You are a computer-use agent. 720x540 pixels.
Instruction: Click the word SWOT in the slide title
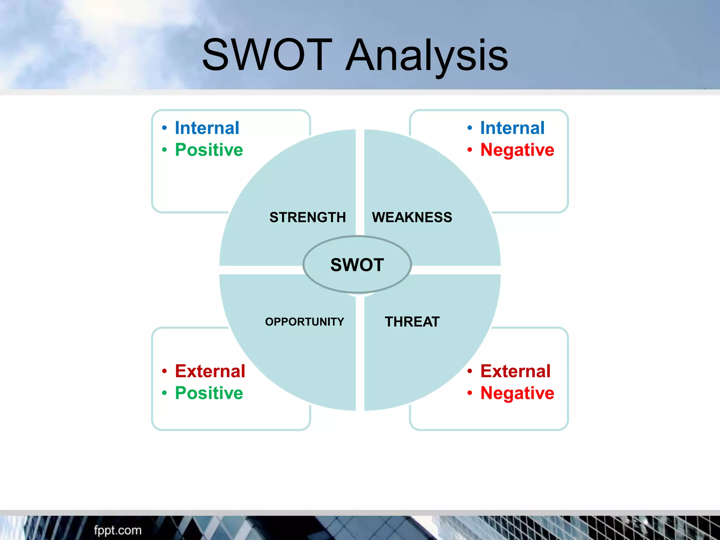[x=267, y=55]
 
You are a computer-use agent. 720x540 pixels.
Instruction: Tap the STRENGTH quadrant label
[x=308, y=217]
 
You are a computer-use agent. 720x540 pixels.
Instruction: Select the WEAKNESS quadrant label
[x=412, y=217]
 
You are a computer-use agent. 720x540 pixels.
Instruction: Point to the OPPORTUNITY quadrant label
[x=304, y=322]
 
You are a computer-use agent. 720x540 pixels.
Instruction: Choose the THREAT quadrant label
[x=412, y=322]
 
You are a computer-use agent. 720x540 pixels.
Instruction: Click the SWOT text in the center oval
[x=357, y=265]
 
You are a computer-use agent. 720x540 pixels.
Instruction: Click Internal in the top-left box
[x=207, y=128]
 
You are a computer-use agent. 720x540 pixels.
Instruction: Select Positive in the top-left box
[x=209, y=150]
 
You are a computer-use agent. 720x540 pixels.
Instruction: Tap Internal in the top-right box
[x=512, y=128]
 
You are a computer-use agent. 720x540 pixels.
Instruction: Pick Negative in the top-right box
[x=517, y=150]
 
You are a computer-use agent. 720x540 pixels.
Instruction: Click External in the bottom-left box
[x=210, y=371]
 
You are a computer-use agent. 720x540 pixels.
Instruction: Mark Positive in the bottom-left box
[x=209, y=393]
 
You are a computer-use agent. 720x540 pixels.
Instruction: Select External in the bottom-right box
[x=515, y=371]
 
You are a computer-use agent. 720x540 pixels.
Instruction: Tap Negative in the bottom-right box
[x=517, y=393]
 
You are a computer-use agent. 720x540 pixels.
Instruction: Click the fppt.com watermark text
[x=118, y=530]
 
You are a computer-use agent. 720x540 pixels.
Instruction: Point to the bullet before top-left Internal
[x=164, y=128]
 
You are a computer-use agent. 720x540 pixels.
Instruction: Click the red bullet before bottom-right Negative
[x=470, y=393]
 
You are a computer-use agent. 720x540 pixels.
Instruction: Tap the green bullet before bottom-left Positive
[x=164, y=393]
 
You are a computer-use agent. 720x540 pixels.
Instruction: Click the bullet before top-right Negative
[x=470, y=150]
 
